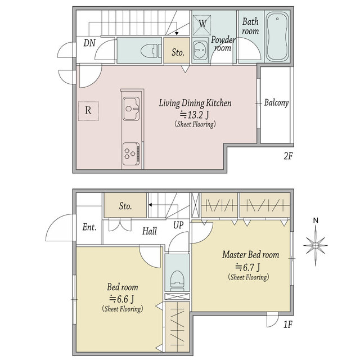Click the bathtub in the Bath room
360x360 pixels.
coord(277,36)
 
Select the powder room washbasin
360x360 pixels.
coord(200,50)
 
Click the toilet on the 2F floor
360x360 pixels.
coord(151,51)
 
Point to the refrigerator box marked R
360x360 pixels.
coord(88,111)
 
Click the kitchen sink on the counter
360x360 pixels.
coord(131,109)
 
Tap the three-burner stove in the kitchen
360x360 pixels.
coord(131,154)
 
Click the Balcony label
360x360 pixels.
coord(276,102)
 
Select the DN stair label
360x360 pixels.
coord(89,43)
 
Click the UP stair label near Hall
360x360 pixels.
coord(178,226)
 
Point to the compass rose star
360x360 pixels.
coord(316,245)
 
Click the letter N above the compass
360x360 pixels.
coord(316,220)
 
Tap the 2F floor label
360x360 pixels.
coord(288,156)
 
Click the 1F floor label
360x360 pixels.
coord(288,325)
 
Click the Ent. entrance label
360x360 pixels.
coord(89,227)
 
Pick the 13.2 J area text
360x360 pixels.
coord(195,115)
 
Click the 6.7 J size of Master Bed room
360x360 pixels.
coord(247,267)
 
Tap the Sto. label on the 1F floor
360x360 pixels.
coord(125,206)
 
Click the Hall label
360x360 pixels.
coord(150,231)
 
